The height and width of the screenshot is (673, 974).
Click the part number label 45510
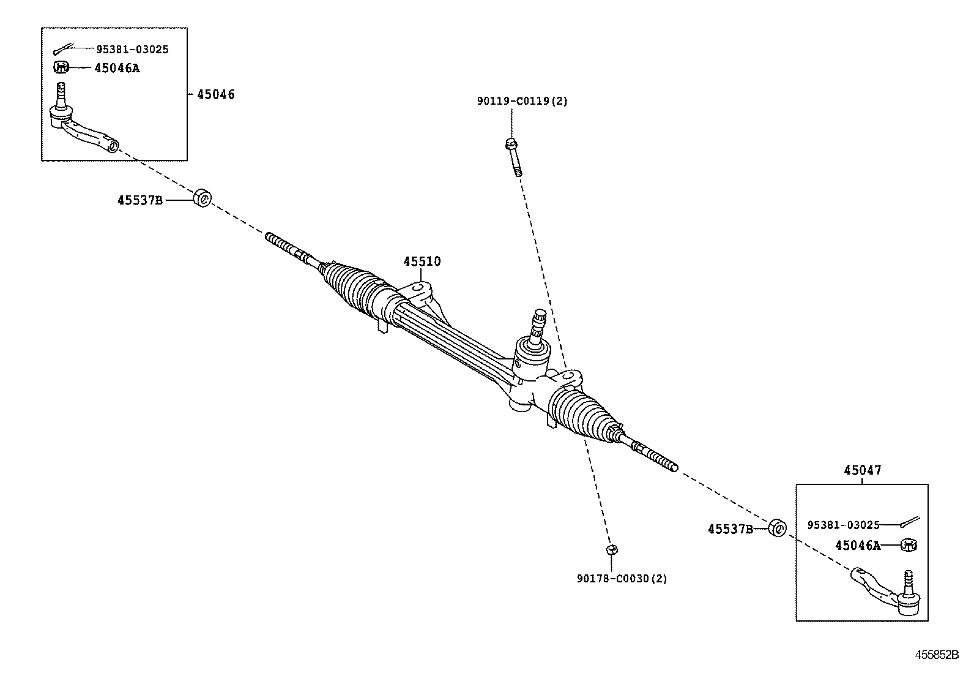pyautogui.click(x=422, y=261)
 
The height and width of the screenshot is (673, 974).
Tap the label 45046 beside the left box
pyautogui.click(x=215, y=94)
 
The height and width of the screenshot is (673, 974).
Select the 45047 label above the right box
pyautogui.click(x=862, y=470)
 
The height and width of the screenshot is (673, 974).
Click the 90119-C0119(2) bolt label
pyautogui.click(x=522, y=101)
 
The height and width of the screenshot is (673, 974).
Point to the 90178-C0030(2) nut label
pyautogui.click(x=622, y=578)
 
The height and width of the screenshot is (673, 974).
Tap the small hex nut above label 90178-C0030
pyautogui.click(x=610, y=549)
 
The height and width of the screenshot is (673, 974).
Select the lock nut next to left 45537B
pyautogui.click(x=202, y=198)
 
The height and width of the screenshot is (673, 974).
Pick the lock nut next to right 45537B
pyautogui.click(x=777, y=527)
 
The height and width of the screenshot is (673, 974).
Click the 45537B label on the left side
pyautogui.click(x=140, y=200)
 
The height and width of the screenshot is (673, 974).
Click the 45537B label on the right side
pyautogui.click(x=730, y=529)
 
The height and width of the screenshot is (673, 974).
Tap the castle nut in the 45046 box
pyautogui.click(x=60, y=67)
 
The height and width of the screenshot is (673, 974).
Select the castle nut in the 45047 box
pyautogui.click(x=909, y=544)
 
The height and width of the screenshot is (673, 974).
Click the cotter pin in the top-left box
pyautogui.click(x=63, y=49)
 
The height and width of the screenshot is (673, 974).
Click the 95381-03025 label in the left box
pyautogui.click(x=132, y=49)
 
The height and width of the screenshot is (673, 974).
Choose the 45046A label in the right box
pyautogui.click(x=858, y=545)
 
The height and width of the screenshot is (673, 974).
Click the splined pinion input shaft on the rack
pyautogui.click(x=539, y=324)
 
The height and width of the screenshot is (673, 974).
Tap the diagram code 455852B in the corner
pyautogui.click(x=936, y=655)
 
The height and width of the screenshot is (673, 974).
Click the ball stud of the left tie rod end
pyautogui.click(x=61, y=94)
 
